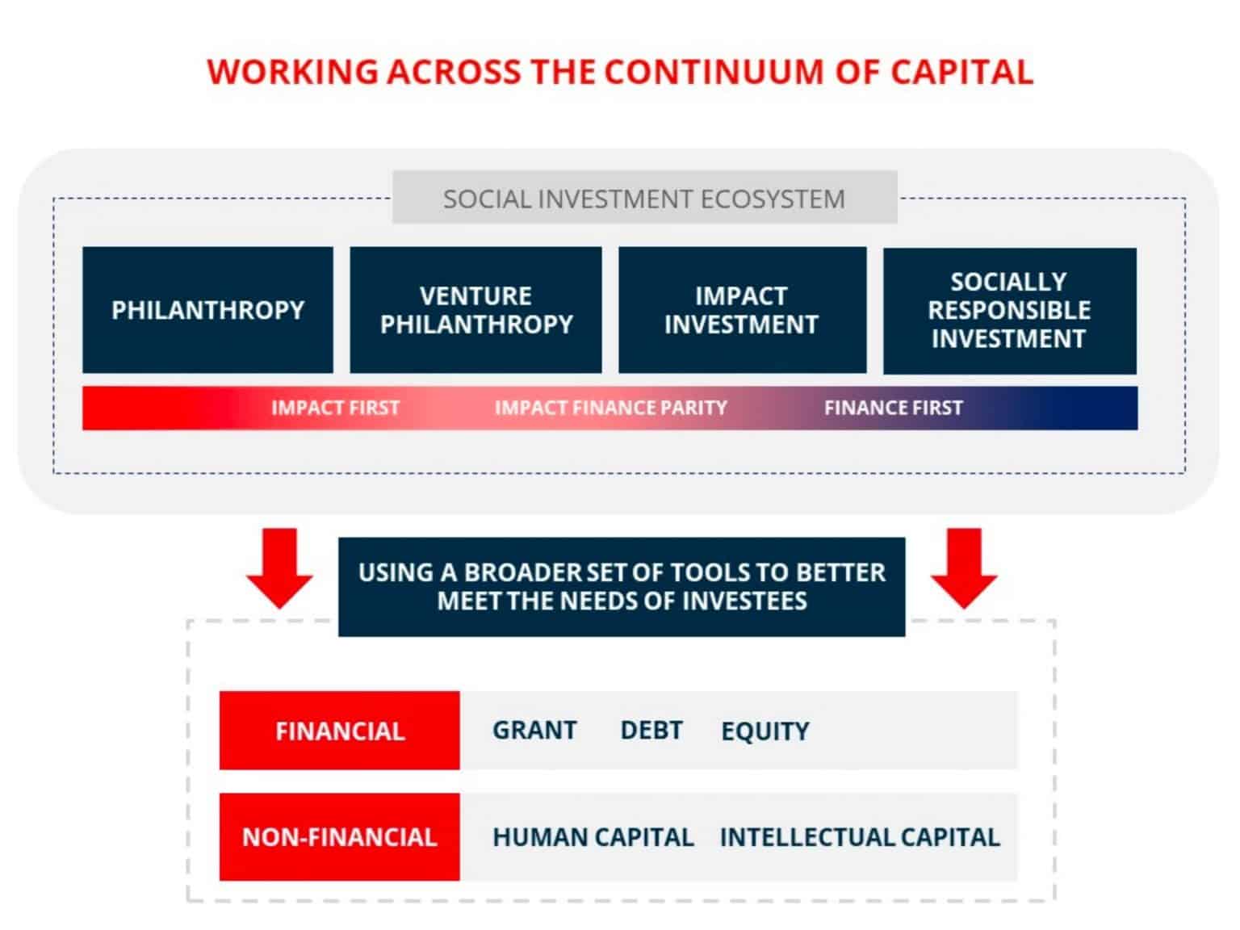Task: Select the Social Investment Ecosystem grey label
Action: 644,198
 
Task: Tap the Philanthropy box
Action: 207,310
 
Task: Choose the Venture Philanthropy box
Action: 475,310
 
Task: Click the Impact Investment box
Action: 741,310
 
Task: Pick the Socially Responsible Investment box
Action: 1009,311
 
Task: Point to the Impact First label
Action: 335,408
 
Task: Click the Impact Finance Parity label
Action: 610,408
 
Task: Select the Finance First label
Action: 893,408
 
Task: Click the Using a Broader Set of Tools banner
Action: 622,587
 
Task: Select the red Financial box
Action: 340,731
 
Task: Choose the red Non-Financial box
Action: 340,836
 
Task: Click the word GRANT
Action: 534,730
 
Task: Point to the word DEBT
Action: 651,730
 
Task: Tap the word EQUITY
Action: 765,731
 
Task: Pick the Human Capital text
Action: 593,837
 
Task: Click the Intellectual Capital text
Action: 859,837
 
